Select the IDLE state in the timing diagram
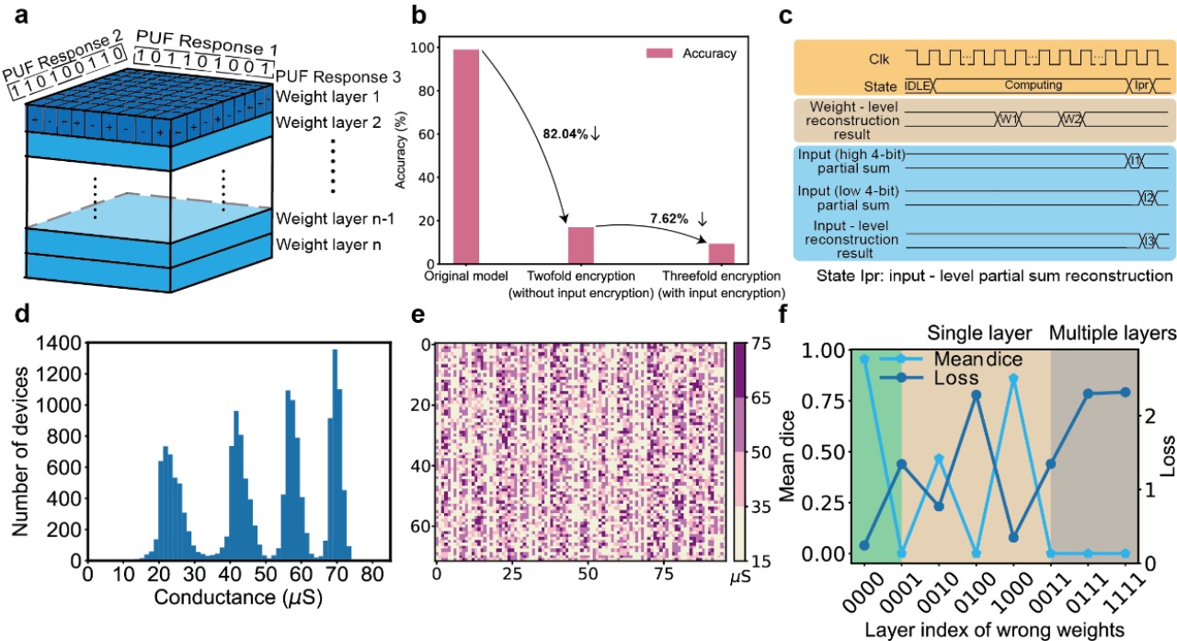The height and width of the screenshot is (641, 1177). (x=920, y=84)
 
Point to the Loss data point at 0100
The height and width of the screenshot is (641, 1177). (x=977, y=395)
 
